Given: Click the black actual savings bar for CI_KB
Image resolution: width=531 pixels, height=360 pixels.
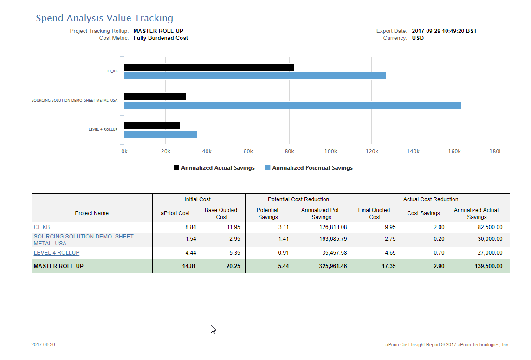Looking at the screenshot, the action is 209,67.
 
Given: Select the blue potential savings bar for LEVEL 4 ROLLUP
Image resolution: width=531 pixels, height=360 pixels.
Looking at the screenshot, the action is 161,135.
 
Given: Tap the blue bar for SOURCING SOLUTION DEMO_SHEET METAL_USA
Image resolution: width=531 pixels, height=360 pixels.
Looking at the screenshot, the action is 293,105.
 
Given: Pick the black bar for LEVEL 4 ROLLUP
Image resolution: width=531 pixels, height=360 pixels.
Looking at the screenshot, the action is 152,126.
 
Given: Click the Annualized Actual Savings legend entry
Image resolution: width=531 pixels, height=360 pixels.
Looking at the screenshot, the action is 214,168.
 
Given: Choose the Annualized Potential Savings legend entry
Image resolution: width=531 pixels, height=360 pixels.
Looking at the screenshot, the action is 309,168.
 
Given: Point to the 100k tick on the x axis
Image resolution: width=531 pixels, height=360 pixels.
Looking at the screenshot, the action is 331,151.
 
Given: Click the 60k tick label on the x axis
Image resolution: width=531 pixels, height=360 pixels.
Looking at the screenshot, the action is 248,151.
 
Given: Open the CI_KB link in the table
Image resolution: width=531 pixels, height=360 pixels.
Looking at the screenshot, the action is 42,227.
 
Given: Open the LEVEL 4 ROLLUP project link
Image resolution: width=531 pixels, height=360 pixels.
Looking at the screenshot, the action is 57,253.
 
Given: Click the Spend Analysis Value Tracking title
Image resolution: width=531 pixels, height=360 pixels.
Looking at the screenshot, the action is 104,18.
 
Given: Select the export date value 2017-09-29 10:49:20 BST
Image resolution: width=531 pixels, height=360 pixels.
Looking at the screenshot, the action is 444,31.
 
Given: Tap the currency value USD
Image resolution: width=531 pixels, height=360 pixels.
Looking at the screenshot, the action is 418,38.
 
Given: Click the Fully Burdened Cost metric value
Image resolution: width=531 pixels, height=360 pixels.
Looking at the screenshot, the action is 161,38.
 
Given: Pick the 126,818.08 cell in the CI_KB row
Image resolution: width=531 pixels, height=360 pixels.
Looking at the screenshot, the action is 333,227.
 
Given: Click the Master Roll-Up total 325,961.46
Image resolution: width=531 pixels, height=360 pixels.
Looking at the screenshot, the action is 333,266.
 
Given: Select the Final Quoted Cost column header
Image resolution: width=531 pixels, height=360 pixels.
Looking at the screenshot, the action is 374,213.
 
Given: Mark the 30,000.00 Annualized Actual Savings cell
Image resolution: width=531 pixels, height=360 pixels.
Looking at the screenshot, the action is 490,239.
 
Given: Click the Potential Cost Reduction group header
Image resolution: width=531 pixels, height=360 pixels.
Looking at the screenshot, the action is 298,199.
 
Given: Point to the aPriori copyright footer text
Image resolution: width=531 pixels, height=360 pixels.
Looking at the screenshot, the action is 447,344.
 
